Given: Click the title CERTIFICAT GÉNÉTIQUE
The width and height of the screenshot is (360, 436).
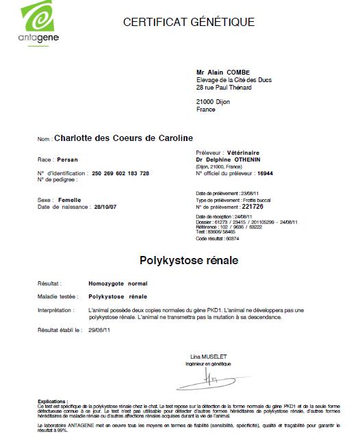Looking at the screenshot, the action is pyautogui.click(x=188, y=22).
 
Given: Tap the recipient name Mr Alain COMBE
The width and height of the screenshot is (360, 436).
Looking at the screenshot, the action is pyautogui.click(x=224, y=71).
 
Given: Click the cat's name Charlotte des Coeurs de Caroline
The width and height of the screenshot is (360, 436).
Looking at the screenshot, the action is pyautogui.click(x=123, y=139).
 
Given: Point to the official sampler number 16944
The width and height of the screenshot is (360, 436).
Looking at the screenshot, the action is pyautogui.click(x=276, y=174).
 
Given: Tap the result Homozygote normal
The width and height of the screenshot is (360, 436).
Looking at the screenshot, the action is pyautogui.click(x=118, y=283).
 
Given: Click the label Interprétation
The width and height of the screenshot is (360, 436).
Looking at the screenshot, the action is pyautogui.click(x=55, y=309).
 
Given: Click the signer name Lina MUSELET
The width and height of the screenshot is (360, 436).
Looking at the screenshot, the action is pyautogui.click(x=207, y=357).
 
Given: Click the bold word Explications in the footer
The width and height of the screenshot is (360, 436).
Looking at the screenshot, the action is pyautogui.click(x=53, y=402).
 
